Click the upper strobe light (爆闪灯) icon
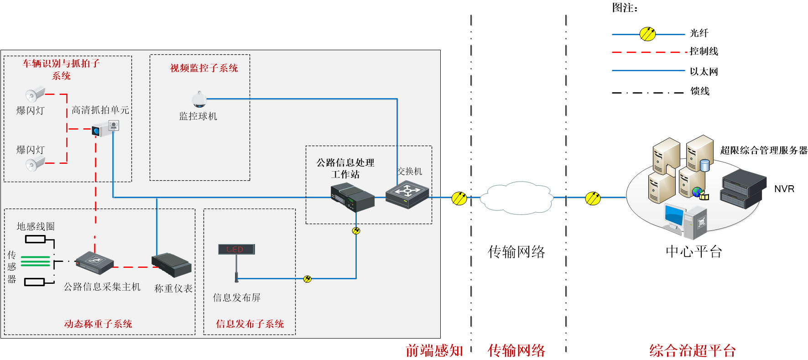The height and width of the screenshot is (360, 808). point(35,94)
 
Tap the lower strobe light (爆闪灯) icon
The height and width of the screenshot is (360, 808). point(35,163)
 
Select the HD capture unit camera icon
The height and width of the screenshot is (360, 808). point(105,128)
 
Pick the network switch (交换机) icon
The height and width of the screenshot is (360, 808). point(407,194)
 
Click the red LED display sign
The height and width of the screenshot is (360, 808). point(236,249)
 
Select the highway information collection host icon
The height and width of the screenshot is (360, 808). point(94,263)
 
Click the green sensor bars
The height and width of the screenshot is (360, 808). point(35,261)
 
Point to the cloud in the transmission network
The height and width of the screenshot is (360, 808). point(516,198)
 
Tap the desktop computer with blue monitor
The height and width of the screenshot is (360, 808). point(685,221)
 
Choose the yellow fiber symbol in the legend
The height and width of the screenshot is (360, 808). point(647,34)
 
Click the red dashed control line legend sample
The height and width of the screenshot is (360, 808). point(648,52)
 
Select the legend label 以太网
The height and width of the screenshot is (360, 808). point(704,72)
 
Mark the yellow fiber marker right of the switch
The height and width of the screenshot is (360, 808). point(459,198)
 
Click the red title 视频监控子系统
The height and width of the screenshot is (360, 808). point(204,68)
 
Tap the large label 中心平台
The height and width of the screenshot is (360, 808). point(693,251)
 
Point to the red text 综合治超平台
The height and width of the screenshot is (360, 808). point(693,350)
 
